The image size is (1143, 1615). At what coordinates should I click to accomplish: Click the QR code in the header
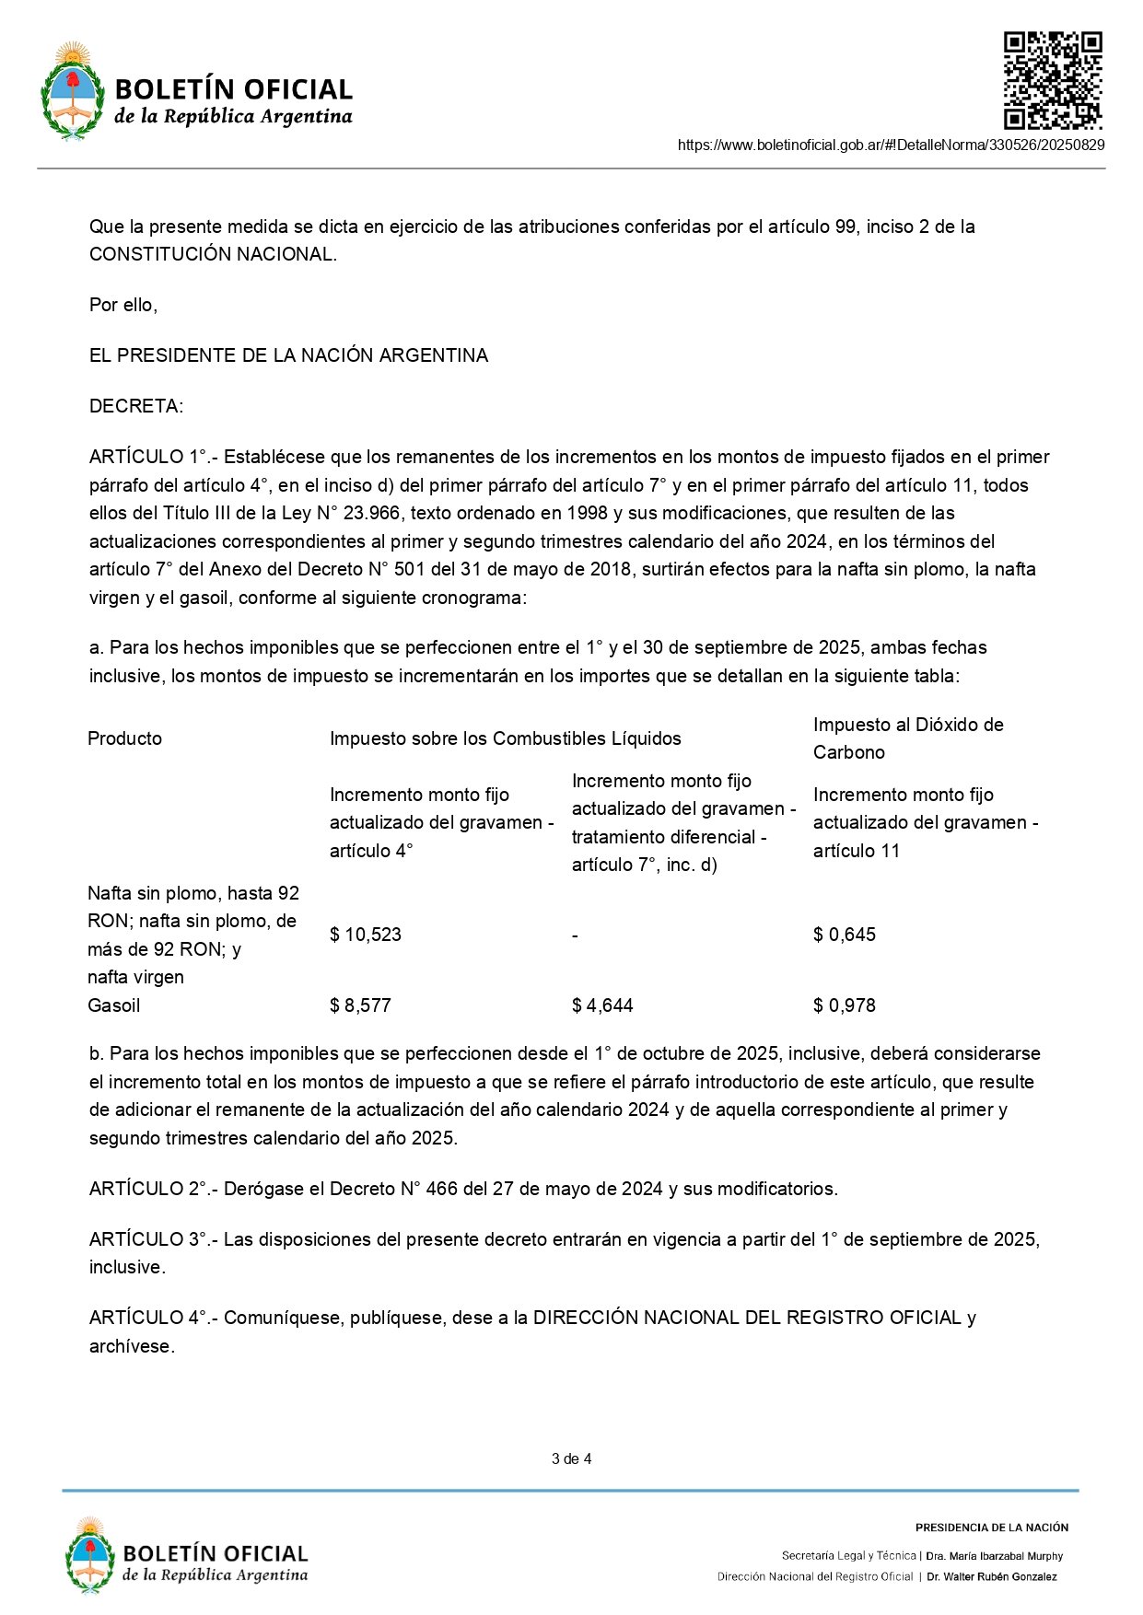point(1053,80)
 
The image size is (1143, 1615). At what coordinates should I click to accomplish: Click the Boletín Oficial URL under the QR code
point(891,145)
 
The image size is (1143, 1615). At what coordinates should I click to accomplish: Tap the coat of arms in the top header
point(72,90)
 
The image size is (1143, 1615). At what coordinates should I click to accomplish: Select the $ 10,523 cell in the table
point(366,935)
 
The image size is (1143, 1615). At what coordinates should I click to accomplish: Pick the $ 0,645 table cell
point(844,935)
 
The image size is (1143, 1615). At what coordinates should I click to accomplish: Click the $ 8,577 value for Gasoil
point(360,1005)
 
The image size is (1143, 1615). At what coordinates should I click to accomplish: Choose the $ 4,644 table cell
point(602,1005)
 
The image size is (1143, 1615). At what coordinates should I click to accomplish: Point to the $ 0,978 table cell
point(844,1005)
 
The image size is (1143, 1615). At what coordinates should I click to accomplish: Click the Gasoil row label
point(114,1005)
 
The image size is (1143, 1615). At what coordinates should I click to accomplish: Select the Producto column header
point(124,738)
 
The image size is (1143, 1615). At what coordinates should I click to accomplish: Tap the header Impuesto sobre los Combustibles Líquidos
point(505,738)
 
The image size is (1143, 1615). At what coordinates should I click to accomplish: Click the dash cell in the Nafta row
point(575,935)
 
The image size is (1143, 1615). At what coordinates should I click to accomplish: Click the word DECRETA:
point(136,406)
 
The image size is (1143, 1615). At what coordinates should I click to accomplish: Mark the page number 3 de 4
point(571,1458)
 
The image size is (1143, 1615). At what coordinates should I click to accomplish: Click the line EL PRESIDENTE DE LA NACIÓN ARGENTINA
point(288,355)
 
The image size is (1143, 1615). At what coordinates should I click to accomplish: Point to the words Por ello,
point(123,305)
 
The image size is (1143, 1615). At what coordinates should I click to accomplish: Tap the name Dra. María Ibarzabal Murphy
point(994,1556)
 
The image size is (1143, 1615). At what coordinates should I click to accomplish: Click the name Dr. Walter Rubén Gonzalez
point(992,1576)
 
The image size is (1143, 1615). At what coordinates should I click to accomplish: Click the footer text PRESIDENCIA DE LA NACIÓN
point(991,1528)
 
